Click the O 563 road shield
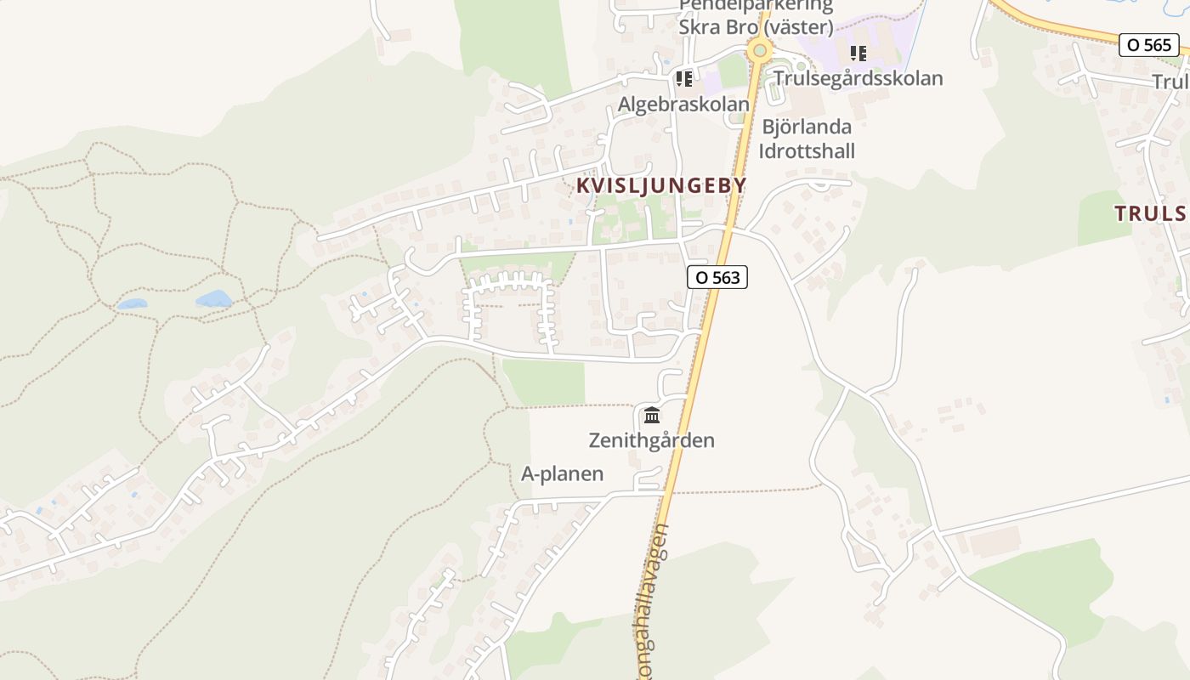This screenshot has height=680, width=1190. [x=717, y=277]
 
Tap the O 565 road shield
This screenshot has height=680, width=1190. [x=1148, y=45]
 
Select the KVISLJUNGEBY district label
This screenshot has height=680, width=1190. [x=660, y=185]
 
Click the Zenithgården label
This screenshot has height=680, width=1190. [x=651, y=440]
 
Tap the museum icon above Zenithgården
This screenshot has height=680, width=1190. [x=652, y=415]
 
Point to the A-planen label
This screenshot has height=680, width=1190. [x=562, y=474]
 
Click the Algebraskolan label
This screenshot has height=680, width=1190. [x=683, y=104]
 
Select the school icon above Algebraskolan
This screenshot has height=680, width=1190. [x=683, y=79]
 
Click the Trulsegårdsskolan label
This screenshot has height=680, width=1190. [x=858, y=78]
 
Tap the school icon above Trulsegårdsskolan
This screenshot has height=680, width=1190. [x=858, y=54]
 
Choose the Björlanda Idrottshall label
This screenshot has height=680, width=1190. [x=807, y=139]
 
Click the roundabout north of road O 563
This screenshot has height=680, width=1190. [x=758, y=50]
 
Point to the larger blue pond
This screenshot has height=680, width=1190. [x=213, y=298]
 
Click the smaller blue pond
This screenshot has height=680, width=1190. [x=132, y=303]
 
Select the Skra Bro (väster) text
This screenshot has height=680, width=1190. [x=756, y=27]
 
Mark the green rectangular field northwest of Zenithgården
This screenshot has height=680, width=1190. [x=543, y=382]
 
